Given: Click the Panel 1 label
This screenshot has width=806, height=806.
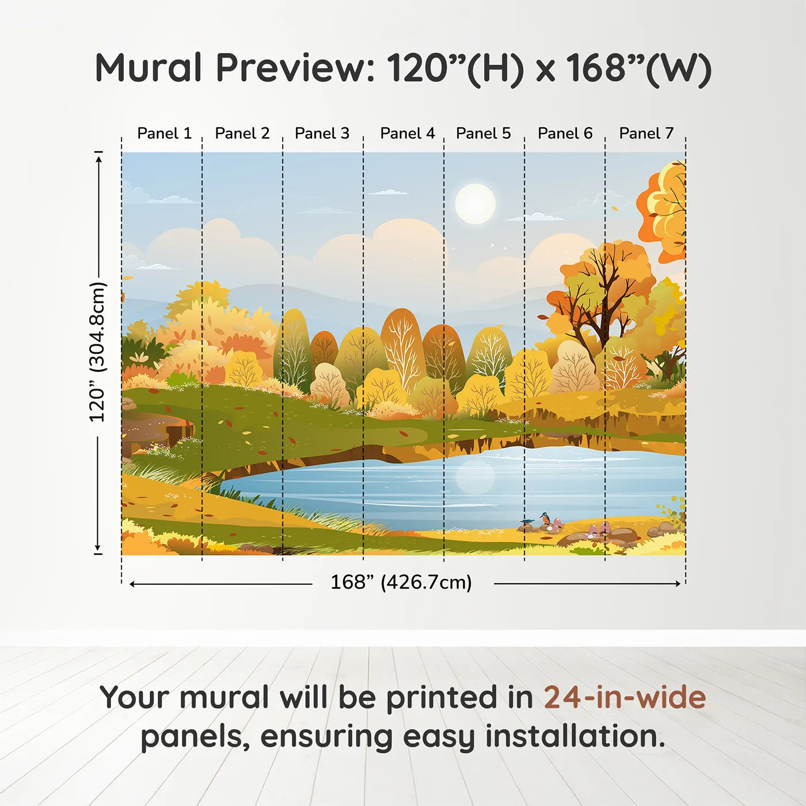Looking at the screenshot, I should click(x=164, y=134).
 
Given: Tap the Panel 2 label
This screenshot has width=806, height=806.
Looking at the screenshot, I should click(x=242, y=134).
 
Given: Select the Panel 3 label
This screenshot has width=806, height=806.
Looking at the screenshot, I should click(x=322, y=134).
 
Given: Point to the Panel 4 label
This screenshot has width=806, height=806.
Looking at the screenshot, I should click(x=407, y=134).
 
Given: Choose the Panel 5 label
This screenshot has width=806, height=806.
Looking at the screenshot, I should click(x=483, y=134).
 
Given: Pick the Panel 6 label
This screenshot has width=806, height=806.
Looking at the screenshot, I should click(x=565, y=134).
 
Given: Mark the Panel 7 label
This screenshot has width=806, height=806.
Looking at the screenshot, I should click(x=646, y=134).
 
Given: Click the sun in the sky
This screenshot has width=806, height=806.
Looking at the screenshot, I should click(x=475, y=204).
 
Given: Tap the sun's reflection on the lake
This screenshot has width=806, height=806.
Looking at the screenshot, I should click(x=475, y=476).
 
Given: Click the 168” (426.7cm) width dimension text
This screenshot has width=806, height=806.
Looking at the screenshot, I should click(x=401, y=583).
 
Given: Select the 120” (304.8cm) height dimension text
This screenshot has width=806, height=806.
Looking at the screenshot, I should click(x=97, y=352).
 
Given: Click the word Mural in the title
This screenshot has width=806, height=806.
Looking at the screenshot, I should click(x=148, y=69).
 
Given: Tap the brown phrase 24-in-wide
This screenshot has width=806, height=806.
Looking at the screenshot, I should click(x=625, y=698).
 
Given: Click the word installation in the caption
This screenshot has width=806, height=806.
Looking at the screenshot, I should click(x=575, y=737).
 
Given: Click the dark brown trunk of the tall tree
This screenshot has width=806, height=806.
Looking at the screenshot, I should click(x=601, y=322).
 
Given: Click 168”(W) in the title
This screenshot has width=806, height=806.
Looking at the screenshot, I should click(x=639, y=69).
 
